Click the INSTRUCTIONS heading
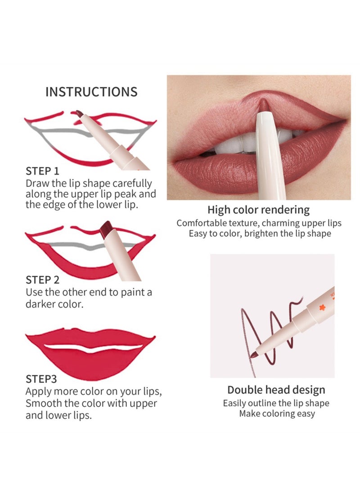[91, 92]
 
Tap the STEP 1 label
[43, 171]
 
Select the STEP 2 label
[43, 280]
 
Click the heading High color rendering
[258, 210]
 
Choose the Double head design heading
[276, 390]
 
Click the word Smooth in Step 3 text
[45, 403]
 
